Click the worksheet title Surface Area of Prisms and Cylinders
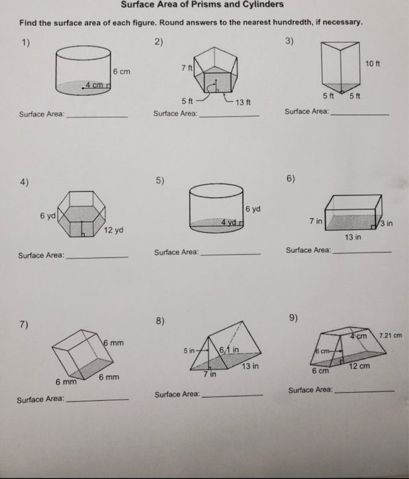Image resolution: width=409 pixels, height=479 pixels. pos(202,5)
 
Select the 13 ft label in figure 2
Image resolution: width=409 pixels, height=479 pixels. pos(244,102)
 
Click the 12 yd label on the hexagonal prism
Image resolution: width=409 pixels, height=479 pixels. pos(114,230)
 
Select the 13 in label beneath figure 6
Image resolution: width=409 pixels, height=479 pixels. pos(353,237)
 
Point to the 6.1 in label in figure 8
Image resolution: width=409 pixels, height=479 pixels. pos(229,352)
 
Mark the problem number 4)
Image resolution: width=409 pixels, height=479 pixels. pos(25,182)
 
